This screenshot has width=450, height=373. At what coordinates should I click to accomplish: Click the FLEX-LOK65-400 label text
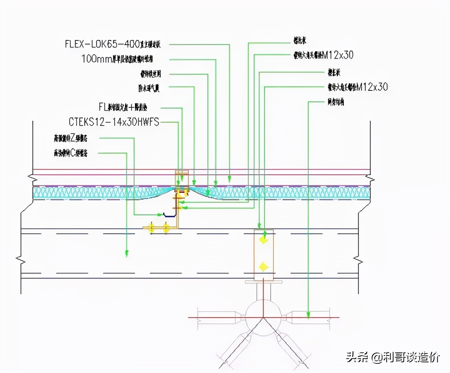(x=112, y=44)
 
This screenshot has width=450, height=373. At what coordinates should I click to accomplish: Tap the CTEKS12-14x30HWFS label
(x=114, y=122)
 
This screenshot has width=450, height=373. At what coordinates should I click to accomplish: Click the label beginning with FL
(x=123, y=107)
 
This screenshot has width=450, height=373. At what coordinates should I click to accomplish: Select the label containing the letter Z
(x=70, y=138)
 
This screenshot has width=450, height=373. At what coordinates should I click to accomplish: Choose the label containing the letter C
(x=70, y=153)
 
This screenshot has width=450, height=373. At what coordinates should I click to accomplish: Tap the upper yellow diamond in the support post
(x=263, y=240)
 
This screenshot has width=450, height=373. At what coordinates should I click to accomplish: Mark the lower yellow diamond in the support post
(x=263, y=267)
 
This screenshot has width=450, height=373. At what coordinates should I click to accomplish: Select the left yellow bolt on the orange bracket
(x=152, y=227)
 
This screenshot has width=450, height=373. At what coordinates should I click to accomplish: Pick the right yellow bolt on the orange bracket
(x=166, y=227)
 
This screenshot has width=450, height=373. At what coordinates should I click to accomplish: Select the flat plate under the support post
(x=263, y=282)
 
